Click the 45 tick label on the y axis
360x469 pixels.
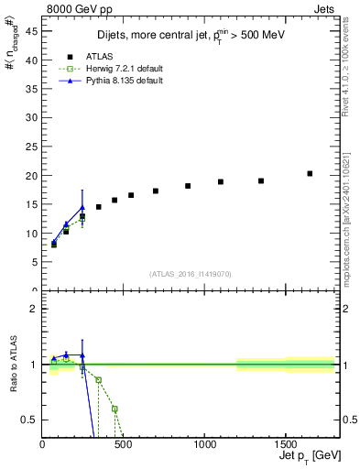click(x=31, y=31)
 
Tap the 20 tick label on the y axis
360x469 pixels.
click(x=31, y=176)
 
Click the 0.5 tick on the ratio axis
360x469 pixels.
click(x=29, y=420)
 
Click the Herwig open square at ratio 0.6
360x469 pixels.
click(x=115, y=409)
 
